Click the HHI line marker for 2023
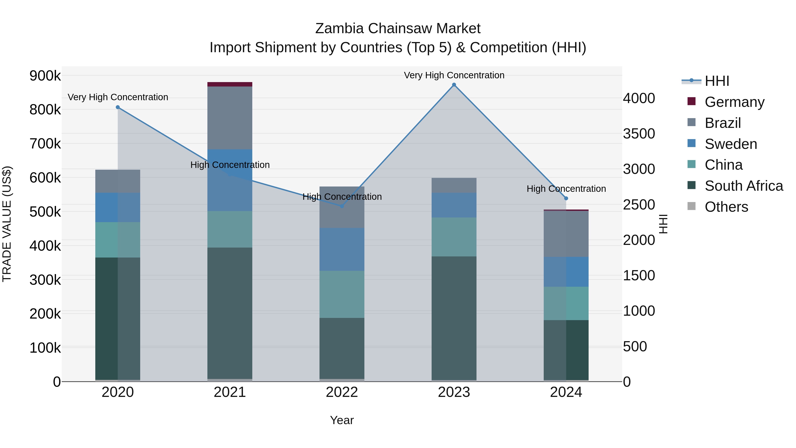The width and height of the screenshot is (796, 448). (454, 85)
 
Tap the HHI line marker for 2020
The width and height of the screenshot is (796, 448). (118, 107)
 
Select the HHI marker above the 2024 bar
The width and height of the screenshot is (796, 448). (566, 198)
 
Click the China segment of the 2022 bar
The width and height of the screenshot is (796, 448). (342, 294)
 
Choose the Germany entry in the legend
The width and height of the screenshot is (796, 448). (734, 102)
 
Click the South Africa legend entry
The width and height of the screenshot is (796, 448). (743, 186)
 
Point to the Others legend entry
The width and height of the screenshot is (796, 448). (726, 207)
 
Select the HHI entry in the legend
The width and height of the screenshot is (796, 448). (717, 81)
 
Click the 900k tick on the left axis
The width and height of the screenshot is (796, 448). (45, 76)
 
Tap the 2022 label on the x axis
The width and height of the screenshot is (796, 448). (342, 392)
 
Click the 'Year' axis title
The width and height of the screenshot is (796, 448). (342, 420)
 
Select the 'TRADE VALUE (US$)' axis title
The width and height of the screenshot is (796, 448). (7, 224)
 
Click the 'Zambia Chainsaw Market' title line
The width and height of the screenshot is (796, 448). (398, 29)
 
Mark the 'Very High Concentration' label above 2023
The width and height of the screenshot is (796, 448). (454, 75)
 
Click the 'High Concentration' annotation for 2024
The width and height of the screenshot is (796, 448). (566, 188)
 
